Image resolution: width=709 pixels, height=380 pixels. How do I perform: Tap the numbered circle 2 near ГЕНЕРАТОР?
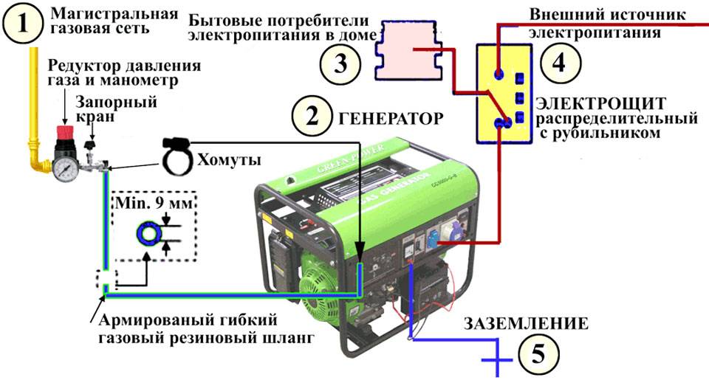point(312,117)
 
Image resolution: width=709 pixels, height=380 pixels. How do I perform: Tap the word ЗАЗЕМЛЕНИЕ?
point(526,322)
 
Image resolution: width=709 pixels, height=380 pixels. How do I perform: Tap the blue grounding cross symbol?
point(498,361)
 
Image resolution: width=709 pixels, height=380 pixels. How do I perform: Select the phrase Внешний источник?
point(597,14)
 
